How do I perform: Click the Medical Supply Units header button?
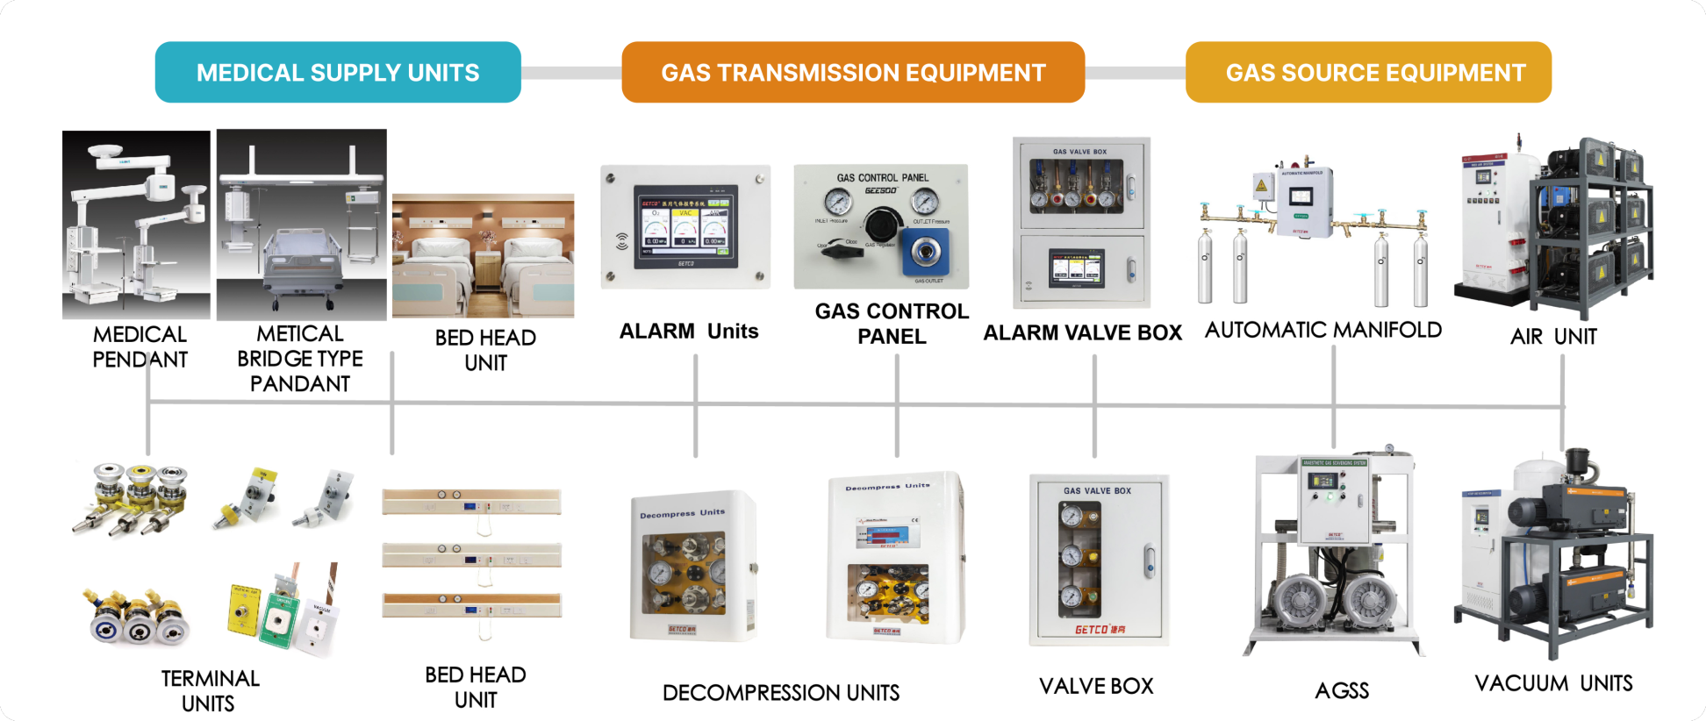pyautogui.click(x=338, y=72)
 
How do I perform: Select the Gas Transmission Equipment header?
pyautogui.click(x=853, y=72)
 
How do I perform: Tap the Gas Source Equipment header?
pyautogui.click(x=1368, y=72)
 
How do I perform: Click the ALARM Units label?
pyautogui.click(x=689, y=332)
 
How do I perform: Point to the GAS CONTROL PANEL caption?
pyautogui.click(x=892, y=324)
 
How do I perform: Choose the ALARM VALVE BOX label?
pyautogui.click(x=1082, y=333)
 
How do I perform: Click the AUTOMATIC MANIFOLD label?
pyautogui.click(x=1323, y=331)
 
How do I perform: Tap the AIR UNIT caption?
pyautogui.click(x=1553, y=337)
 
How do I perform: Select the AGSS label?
pyautogui.click(x=1342, y=691)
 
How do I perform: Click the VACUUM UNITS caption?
pyautogui.click(x=1553, y=684)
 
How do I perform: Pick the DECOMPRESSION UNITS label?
pyautogui.click(x=781, y=693)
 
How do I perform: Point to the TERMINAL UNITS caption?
pyautogui.click(x=210, y=691)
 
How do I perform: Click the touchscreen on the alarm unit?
pyautogui.click(x=686, y=226)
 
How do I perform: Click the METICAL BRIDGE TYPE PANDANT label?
pyautogui.click(x=300, y=359)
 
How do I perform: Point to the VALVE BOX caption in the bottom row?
pyautogui.click(x=1096, y=687)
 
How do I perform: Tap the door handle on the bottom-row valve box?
pyautogui.click(x=1149, y=561)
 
